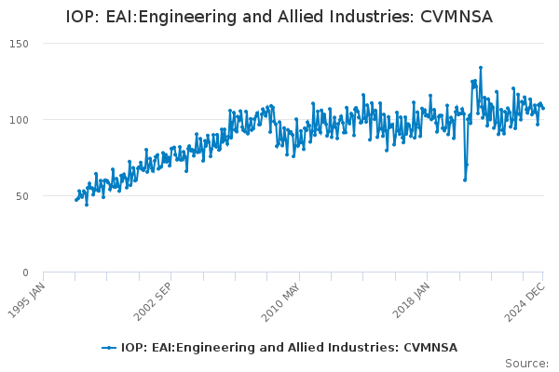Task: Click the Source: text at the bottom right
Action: point(526,363)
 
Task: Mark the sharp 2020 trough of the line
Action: point(465,179)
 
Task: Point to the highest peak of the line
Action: point(481,67)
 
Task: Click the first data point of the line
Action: point(76,200)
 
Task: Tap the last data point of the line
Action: point(543,109)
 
